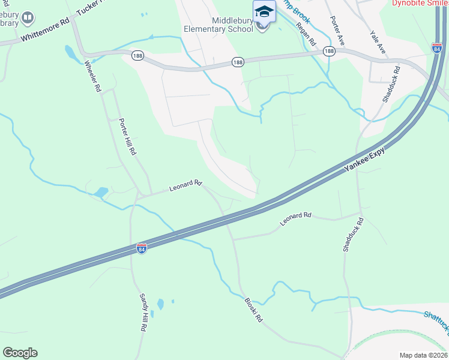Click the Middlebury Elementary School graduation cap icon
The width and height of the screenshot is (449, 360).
tap(264, 12)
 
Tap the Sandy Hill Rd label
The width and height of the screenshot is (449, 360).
tap(143, 313)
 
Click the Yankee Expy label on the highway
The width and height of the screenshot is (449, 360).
tap(364, 161)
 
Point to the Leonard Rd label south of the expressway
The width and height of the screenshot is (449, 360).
tap(296, 219)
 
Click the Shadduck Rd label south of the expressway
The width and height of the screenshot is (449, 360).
tap(353, 235)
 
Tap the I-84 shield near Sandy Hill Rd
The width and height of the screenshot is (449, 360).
tap(141, 249)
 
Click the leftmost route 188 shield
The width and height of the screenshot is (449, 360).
tap(137, 55)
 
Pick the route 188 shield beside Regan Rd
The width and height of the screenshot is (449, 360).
tap(329, 52)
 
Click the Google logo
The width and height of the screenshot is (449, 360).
tap(20, 353)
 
